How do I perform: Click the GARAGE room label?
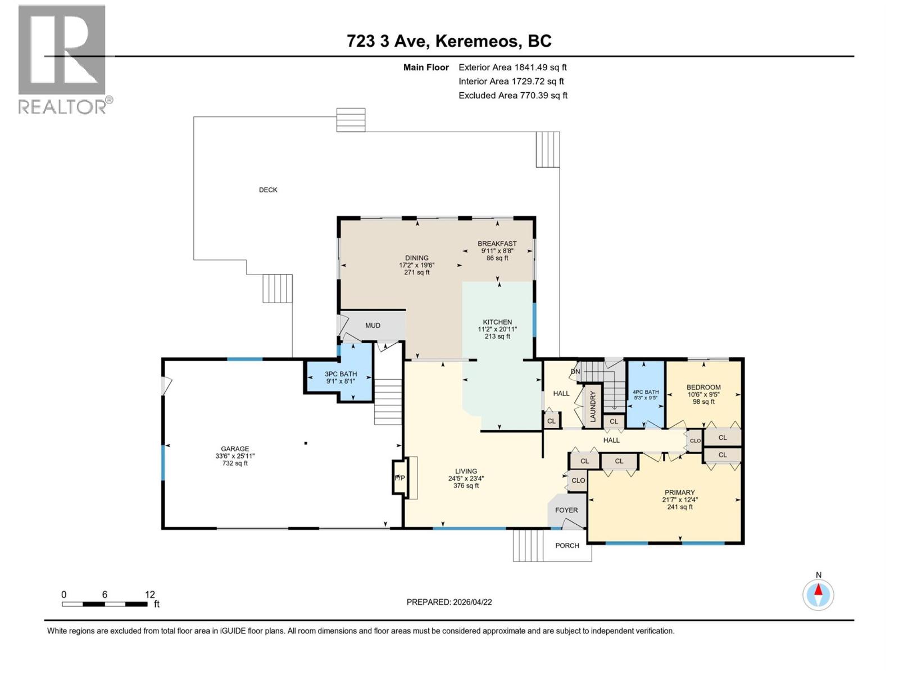click(x=234, y=449)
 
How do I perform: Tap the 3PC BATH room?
click(x=340, y=377)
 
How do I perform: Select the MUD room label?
click(x=373, y=326)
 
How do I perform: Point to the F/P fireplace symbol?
click(x=399, y=478)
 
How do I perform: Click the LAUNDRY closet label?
click(x=592, y=404)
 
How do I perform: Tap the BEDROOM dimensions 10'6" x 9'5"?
click(x=703, y=394)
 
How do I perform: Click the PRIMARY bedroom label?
click(x=679, y=492)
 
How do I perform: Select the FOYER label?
click(x=566, y=510)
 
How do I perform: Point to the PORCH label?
click(x=567, y=546)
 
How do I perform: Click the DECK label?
click(x=268, y=190)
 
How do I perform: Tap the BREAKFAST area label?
click(x=497, y=244)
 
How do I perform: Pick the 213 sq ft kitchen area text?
click(x=497, y=337)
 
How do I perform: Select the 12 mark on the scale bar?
click(x=149, y=595)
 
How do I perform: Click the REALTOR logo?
click(x=63, y=59)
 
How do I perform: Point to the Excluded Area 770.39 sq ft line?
click(x=512, y=96)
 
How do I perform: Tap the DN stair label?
click(x=575, y=372)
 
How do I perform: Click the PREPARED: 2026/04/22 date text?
click(x=449, y=602)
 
